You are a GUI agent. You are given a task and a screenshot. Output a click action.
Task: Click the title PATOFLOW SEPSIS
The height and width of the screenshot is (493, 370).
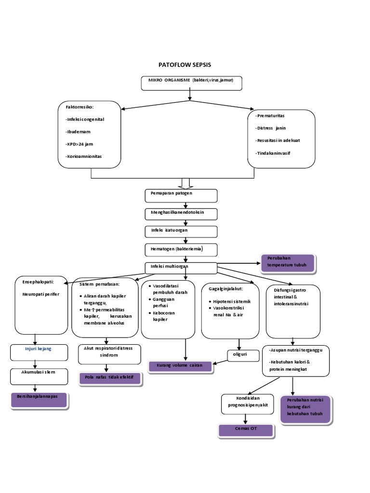coord(185,65)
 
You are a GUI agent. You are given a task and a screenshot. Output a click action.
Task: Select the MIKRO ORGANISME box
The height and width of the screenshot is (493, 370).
coord(191,83)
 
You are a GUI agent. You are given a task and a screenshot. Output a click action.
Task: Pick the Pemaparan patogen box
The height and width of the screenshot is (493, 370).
coord(181,195)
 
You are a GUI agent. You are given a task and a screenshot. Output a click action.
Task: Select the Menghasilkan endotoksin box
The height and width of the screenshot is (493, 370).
coord(181,214)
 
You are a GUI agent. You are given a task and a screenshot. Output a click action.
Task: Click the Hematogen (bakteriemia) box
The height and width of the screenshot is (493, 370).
coord(181,249)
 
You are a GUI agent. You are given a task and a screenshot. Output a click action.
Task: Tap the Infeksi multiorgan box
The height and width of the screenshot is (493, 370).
coord(181,268)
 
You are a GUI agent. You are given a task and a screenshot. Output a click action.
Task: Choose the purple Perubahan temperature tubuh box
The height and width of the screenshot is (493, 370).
coord(287,263)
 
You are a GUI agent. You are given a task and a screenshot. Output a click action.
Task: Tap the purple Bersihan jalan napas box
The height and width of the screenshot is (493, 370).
coord(40,400)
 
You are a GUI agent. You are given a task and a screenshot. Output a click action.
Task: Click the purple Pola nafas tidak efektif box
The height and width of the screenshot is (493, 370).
coord(109,378)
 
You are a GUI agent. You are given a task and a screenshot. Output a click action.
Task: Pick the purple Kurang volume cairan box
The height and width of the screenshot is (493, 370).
coord(180,366)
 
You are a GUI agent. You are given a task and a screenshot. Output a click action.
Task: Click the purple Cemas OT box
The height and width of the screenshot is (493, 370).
coord(246,430)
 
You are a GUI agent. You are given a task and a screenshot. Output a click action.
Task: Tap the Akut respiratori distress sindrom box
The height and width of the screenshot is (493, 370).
coord(109,354)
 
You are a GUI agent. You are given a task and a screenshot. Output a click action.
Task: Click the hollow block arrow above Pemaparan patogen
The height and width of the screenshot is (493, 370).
coord(185,183)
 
